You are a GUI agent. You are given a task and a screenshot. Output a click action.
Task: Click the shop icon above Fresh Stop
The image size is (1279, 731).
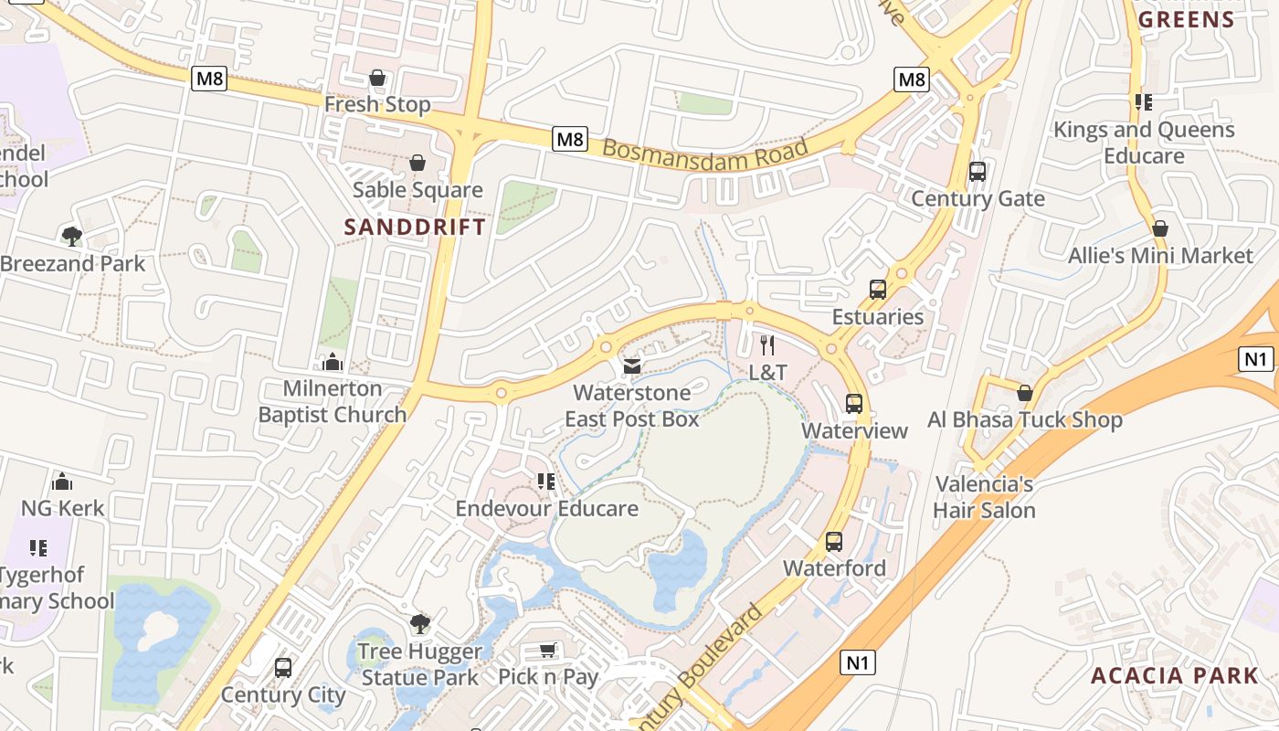pos(376,79)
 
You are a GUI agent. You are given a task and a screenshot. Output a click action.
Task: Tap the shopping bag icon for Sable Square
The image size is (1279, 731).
pos(418,164)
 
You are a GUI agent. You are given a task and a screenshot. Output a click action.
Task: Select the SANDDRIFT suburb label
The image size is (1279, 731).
pos(415,228)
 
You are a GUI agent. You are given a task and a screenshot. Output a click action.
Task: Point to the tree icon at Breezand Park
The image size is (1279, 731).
pos(71,237)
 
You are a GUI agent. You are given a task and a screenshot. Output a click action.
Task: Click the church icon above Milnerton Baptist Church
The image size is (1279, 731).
pos(333,362)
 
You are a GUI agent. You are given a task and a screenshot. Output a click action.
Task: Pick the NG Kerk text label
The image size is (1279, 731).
pos(63,508)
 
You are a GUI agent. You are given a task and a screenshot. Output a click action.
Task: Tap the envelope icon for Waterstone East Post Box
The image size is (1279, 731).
pos(631,366)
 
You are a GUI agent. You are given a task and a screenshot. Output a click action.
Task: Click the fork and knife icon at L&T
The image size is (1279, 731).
pos(767,345)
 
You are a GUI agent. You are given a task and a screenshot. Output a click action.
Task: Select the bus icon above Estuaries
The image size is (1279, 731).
pos(878,290)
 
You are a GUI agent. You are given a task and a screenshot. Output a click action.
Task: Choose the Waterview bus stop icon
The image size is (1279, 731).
pos(854,404)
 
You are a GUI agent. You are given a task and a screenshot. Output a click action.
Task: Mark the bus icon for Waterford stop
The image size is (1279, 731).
pos(834,542)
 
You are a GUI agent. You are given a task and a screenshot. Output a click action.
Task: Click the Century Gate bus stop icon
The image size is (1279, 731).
pos(978,172)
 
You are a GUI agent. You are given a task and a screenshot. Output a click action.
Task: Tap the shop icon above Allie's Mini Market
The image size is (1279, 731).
pos(1160,228)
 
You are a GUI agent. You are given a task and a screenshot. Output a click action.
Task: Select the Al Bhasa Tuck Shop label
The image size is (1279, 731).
pos(1025,420)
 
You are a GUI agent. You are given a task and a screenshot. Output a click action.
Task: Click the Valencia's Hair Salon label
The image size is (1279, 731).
pos(984,497)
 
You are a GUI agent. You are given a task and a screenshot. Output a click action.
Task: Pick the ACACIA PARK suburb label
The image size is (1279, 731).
pos(1174,676)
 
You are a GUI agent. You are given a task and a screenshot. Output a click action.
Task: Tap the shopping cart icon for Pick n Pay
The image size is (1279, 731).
pos(547,651)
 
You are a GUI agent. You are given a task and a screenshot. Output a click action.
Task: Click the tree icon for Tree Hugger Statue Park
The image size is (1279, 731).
pos(419,624)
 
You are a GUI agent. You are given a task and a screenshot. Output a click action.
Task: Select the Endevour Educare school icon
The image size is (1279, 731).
pos(546,482)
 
